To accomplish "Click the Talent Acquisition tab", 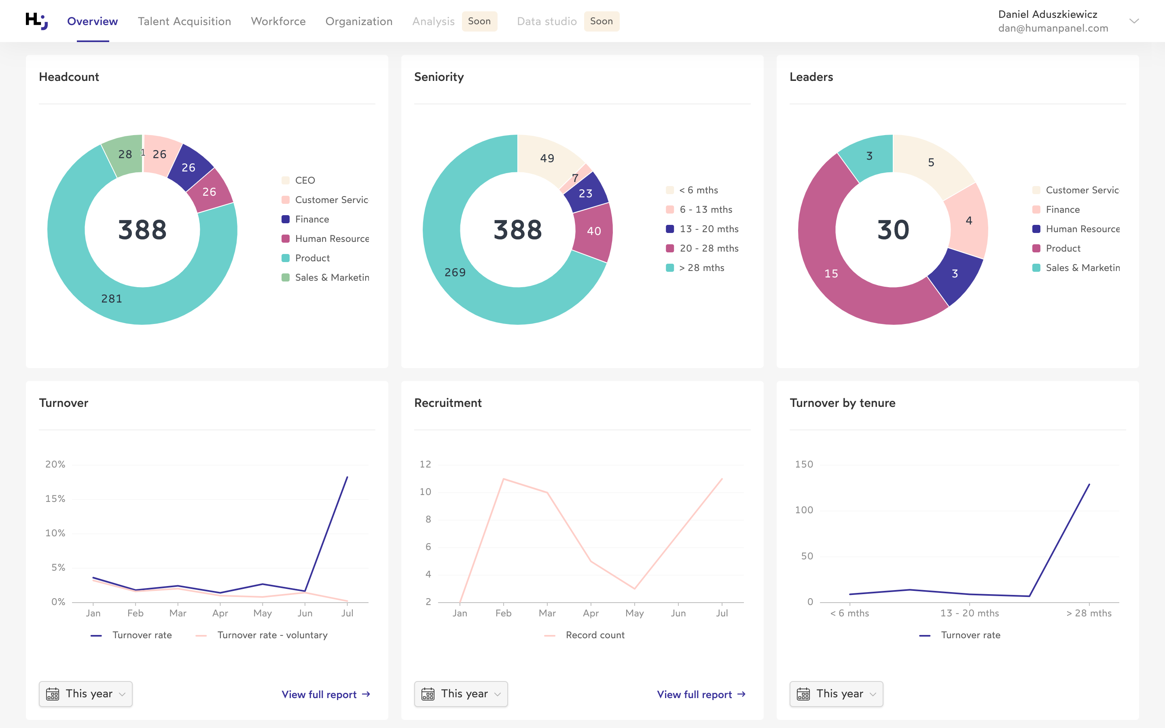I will [x=184, y=21].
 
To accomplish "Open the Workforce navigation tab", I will [x=278, y=21].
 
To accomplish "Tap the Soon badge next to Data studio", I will [x=601, y=21].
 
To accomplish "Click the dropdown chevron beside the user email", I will [x=1134, y=21].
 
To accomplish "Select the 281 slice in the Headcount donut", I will [x=111, y=298].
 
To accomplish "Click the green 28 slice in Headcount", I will [x=125, y=154].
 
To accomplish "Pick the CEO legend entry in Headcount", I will [x=304, y=180].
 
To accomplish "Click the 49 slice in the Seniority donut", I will [x=547, y=158].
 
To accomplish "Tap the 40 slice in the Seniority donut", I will [x=593, y=231].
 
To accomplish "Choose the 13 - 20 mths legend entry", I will [x=708, y=229].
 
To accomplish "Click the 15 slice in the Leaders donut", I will [x=831, y=273].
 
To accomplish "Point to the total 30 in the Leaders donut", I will [x=893, y=230].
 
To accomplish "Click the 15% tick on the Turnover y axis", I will [x=55, y=499].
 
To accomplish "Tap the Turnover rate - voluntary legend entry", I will [x=272, y=635].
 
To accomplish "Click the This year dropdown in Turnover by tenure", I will [x=836, y=694].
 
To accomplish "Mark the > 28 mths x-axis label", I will [x=1089, y=613].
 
